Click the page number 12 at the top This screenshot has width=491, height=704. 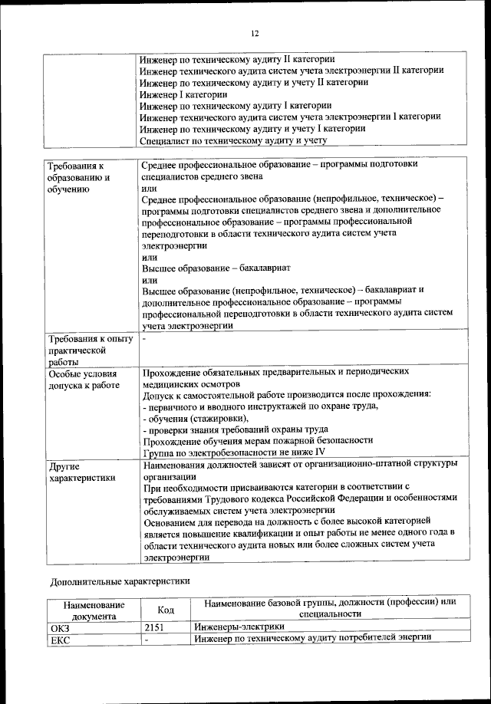(255, 33)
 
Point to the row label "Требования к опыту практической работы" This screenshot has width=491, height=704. (90, 350)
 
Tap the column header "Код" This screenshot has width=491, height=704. (165, 609)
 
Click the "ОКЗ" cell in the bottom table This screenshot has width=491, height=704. (60, 627)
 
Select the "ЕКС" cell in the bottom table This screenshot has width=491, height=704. (60, 639)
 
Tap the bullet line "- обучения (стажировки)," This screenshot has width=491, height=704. (196, 418)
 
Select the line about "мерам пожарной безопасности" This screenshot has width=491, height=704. (258, 440)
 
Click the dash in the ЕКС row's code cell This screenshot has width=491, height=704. (147, 639)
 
